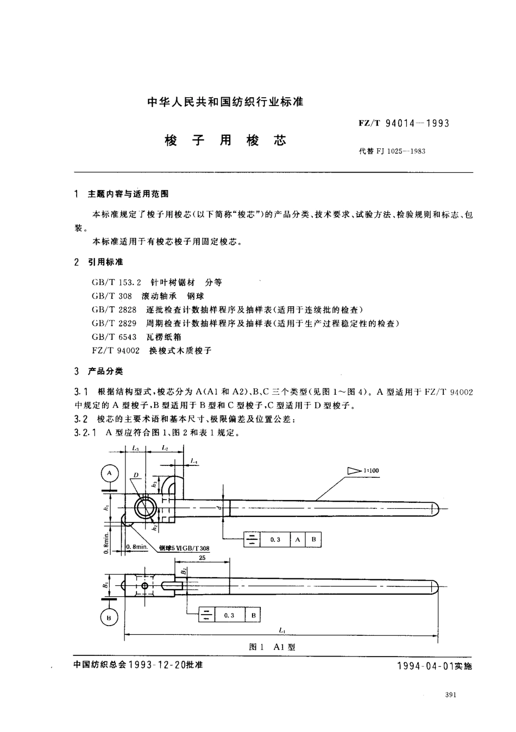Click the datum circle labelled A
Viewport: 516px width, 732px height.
(110, 474)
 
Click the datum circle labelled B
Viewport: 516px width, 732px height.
(110, 617)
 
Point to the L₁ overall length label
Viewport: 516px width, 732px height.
(282, 630)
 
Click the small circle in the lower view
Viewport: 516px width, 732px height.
(144, 586)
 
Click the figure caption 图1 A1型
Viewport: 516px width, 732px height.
(271, 647)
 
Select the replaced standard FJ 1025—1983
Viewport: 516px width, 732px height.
(401, 152)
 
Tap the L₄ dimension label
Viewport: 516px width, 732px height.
(194, 461)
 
